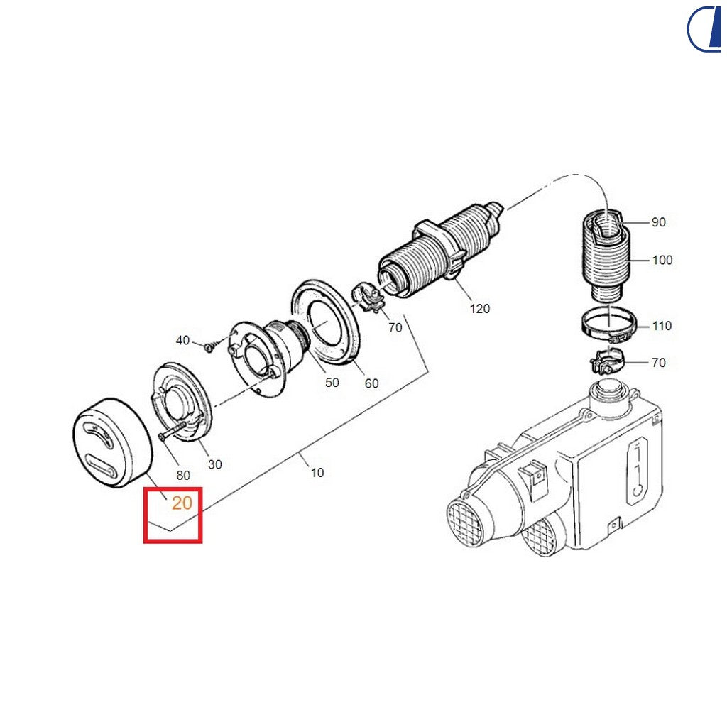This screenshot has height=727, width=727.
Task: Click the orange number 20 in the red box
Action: [182, 503]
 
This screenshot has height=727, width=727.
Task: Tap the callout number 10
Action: [317, 472]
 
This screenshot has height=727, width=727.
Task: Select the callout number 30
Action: [214, 464]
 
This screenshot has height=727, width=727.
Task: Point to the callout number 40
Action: [182, 340]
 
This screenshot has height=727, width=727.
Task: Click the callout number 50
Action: [332, 383]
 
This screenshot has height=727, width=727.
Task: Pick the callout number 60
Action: [371, 383]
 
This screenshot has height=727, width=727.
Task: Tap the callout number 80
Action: [183, 475]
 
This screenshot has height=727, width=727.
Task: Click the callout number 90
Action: [658, 222]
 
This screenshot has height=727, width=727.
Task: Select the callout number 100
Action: [662, 260]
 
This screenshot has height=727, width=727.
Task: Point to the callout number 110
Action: [662, 326]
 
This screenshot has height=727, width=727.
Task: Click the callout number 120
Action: [479, 309]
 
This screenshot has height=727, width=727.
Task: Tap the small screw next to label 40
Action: [210, 346]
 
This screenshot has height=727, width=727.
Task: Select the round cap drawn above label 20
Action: [112, 442]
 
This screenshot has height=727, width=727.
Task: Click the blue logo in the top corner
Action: [704, 28]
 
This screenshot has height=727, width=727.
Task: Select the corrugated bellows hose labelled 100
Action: [605, 256]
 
